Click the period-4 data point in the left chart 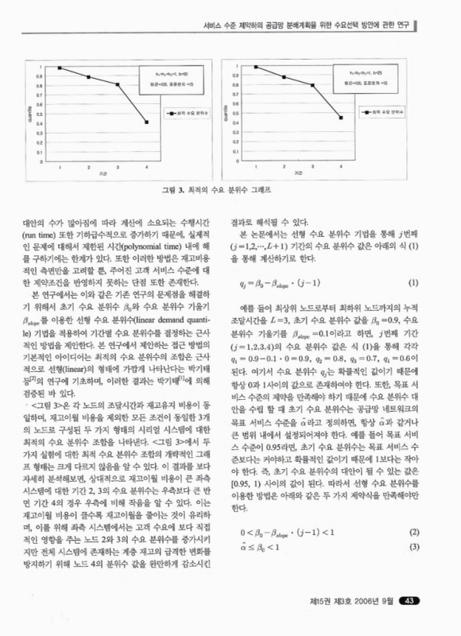147,122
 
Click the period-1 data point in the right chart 256,68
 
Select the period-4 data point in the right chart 340,118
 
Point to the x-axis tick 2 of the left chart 89,168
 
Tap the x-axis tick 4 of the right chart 340,168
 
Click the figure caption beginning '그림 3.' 230,191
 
